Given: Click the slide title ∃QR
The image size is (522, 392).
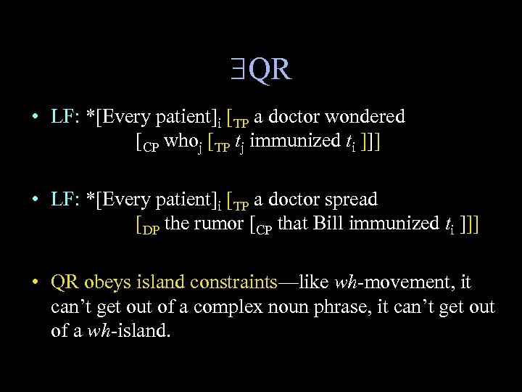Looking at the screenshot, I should coord(260,70).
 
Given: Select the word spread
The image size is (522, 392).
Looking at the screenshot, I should coord(352,199).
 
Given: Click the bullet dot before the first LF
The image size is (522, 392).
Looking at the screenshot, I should coord(34,117).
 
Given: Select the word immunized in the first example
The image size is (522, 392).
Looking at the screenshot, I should coord(282,141).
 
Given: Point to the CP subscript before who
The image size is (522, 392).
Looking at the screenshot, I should coord(152,145).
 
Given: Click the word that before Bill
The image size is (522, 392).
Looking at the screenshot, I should coord(292,224).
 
